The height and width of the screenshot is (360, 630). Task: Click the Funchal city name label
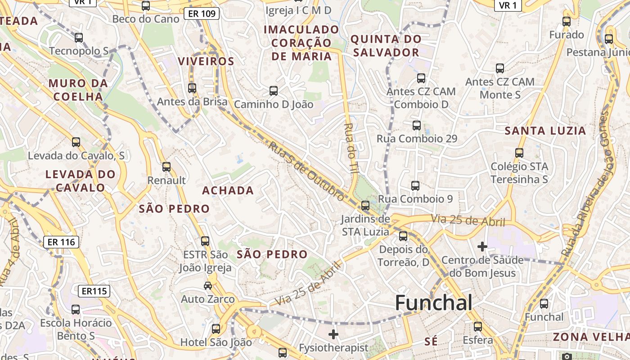pyautogui.click(x=433, y=303)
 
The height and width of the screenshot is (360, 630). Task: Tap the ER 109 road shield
pyautogui.click(x=202, y=14)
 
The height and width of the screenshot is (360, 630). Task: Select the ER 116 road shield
pyautogui.click(x=61, y=242)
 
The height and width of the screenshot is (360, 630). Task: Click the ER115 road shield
pyautogui.click(x=94, y=291)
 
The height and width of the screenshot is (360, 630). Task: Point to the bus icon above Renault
pyautogui.click(x=166, y=167)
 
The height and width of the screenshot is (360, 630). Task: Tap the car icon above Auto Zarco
pyautogui.click(x=207, y=285)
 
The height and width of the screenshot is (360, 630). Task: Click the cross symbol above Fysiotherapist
pyautogui.click(x=333, y=334)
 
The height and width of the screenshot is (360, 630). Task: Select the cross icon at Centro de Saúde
pyautogui.click(x=482, y=246)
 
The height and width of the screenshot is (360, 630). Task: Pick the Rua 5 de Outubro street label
pyautogui.click(x=307, y=170)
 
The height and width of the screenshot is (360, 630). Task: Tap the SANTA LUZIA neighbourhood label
pyautogui.click(x=545, y=131)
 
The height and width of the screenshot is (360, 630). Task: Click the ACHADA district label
pyautogui.click(x=228, y=190)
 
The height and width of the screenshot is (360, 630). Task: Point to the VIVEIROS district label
pyautogui.click(x=206, y=61)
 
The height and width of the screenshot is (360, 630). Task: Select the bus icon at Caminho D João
pyautogui.click(x=273, y=91)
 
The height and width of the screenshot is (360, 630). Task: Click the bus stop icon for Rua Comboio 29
pyautogui.click(x=417, y=125)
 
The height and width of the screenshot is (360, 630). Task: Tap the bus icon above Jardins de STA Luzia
pyautogui.click(x=365, y=206)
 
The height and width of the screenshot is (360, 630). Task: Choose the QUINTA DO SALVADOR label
pyautogui.click(x=386, y=45)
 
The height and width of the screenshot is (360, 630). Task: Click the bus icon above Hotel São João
pyautogui.click(x=216, y=328)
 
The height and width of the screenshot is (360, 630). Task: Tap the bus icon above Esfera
pyautogui.click(x=477, y=326)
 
